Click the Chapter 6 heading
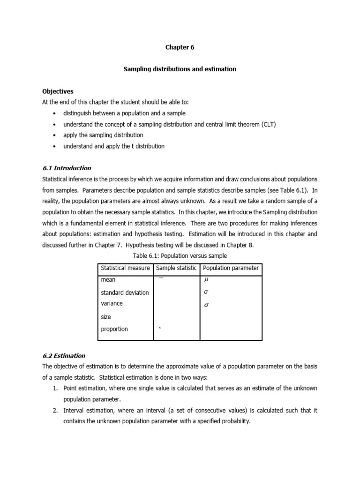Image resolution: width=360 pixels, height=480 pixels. (180, 47)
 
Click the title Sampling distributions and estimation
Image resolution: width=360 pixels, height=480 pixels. (180, 69)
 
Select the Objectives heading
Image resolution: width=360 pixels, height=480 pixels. (58, 91)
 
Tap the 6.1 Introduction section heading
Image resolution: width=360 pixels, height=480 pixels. (67, 168)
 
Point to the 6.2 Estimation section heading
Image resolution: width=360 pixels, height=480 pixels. (64, 355)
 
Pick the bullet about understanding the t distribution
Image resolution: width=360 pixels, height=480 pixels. (114, 146)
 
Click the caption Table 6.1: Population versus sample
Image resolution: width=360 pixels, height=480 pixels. (180, 255)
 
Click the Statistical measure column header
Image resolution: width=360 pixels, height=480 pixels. (125, 268)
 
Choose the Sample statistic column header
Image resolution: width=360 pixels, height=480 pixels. (176, 268)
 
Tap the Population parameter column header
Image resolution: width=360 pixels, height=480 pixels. (231, 268)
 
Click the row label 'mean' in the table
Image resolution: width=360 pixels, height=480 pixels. (108, 280)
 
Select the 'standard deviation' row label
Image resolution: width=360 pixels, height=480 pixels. (125, 292)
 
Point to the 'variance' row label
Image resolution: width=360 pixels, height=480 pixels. (112, 303)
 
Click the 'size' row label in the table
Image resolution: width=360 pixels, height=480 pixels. (106, 317)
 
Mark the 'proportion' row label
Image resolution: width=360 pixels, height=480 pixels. (114, 329)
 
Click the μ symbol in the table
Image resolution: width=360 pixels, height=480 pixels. (205, 280)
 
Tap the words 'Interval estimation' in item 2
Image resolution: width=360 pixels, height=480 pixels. (88, 410)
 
